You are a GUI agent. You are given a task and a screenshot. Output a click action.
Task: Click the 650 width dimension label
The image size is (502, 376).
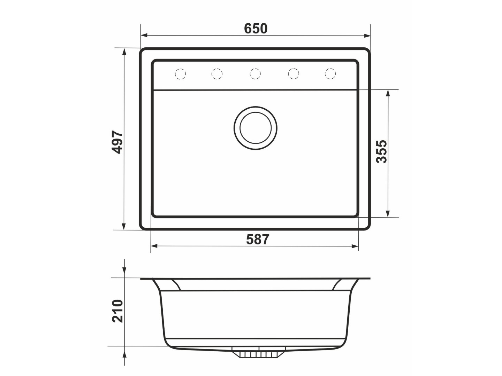coord(256,29)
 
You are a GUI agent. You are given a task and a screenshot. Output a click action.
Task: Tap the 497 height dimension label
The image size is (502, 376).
coord(117,142)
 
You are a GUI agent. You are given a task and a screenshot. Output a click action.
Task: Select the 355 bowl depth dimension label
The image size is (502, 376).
coord(381,151)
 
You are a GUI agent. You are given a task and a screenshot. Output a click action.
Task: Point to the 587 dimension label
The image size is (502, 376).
coord(258,239)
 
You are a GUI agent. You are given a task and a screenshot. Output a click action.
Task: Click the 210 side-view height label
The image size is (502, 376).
coord(117,311)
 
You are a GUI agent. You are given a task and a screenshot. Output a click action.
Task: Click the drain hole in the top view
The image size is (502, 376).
coord(256,128)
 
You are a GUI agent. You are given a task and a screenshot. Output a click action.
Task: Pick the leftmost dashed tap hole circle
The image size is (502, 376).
coord(180,74)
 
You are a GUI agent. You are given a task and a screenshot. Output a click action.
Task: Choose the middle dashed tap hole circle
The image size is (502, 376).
coord(255,74)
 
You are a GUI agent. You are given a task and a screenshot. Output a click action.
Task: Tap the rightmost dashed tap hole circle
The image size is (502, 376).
coord(330,73)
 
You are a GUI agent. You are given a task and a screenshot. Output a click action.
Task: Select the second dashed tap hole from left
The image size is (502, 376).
coord(217,74)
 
